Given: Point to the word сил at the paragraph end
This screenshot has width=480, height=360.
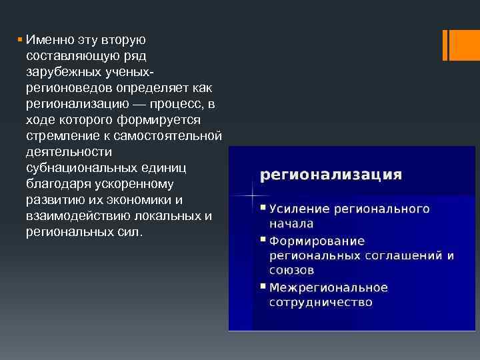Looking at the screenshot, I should [129, 233].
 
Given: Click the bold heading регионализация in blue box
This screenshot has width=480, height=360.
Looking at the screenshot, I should [331, 175].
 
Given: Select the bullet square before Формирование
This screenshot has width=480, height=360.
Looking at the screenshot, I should [263, 240].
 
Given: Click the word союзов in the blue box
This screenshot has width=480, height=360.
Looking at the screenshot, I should [291, 271].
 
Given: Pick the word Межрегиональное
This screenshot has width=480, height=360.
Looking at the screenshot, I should [328, 287].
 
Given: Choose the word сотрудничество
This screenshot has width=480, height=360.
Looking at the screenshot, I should [321, 303].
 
